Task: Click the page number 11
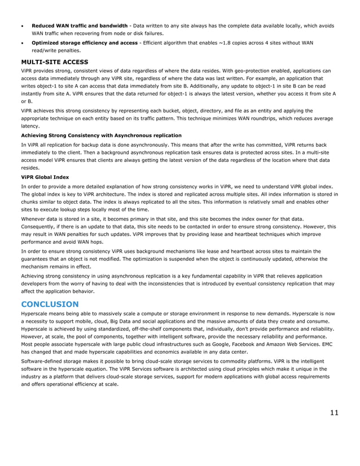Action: point(334,412)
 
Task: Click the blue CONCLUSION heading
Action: point(50,304)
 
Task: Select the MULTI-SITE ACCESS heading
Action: point(55,61)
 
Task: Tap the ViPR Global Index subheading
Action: point(45,177)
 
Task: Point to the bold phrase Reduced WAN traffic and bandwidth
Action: point(79,25)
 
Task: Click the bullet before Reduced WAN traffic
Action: point(23,26)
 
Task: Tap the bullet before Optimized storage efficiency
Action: point(23,42)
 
